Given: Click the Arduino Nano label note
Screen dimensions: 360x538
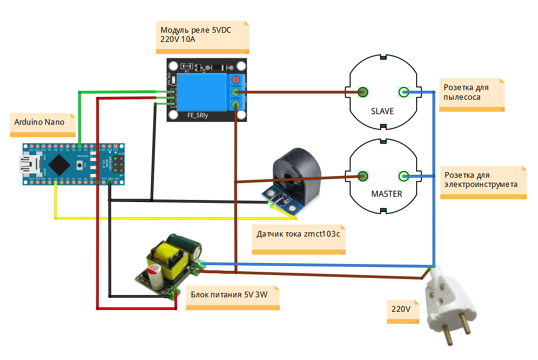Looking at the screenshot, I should [x=43, y=122].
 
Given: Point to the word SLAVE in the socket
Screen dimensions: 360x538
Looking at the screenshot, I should [x=382, y=111].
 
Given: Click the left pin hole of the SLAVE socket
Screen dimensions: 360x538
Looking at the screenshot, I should [x=364, y=92].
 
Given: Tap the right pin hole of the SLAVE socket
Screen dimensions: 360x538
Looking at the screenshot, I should [x=403, y=92].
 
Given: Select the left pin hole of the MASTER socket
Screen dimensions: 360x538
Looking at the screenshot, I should [x=364, y=176].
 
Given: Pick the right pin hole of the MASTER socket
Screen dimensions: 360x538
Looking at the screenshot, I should [x=403, y=176].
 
